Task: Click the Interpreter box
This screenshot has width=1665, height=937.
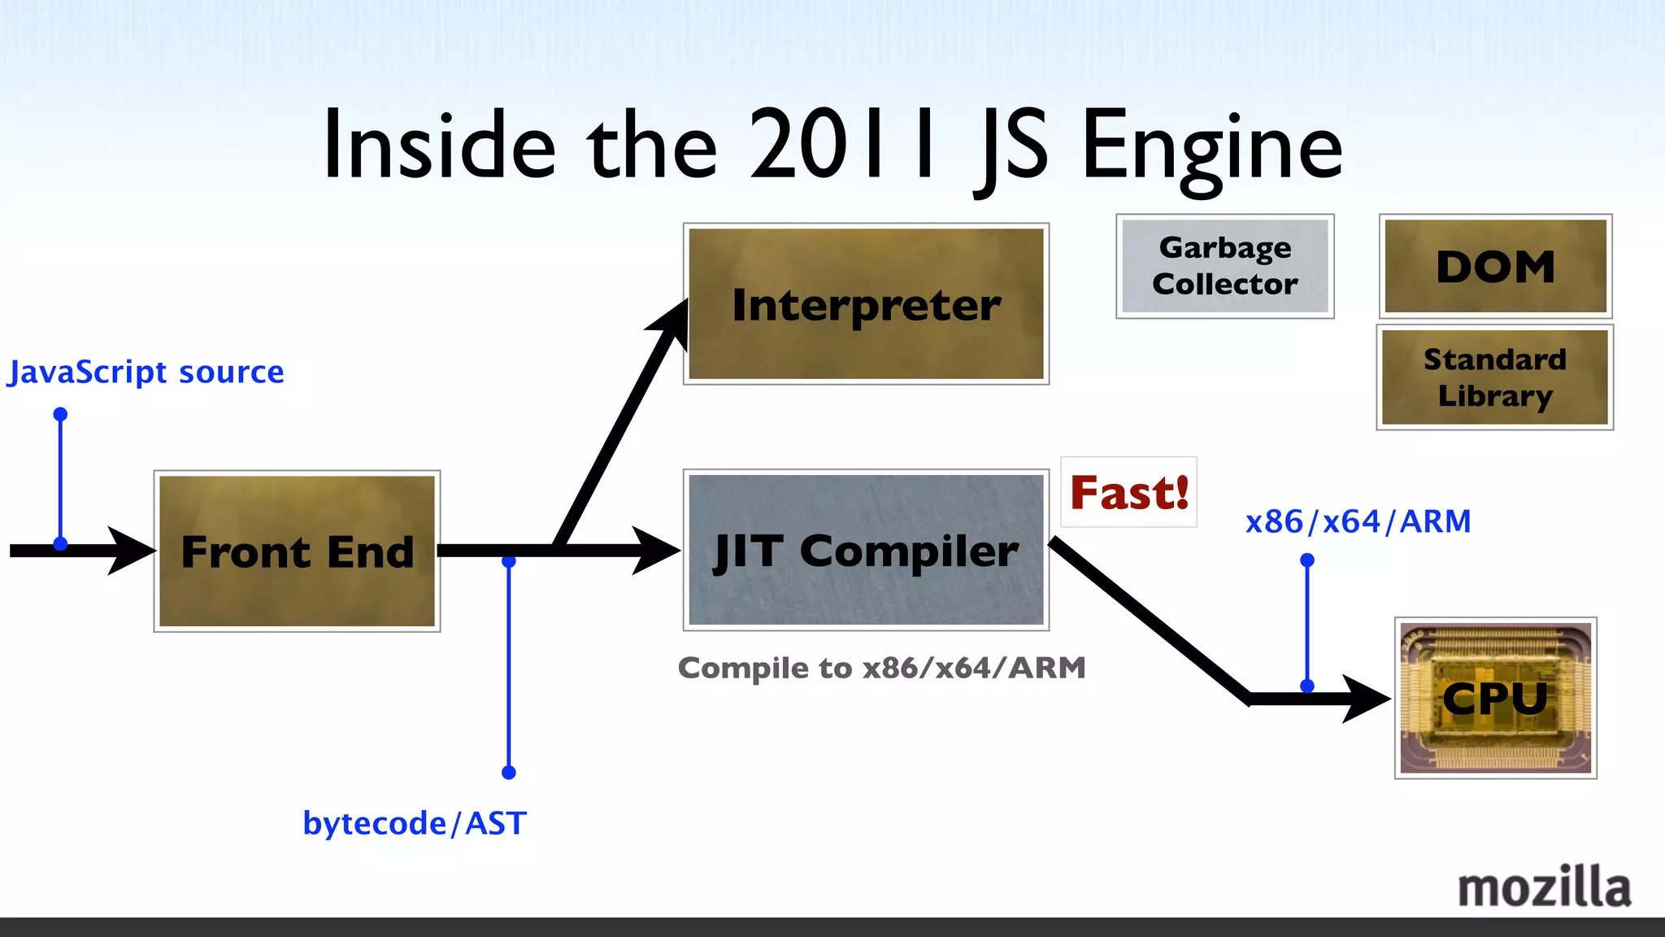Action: [866, 303]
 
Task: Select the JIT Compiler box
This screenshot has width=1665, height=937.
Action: [866, 550]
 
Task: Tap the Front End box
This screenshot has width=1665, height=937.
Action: [297, 551]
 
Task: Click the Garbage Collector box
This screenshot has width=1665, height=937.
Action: [1224, 266]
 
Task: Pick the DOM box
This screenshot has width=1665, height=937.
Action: [1495, 266]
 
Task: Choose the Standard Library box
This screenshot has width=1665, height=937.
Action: [1494, 377]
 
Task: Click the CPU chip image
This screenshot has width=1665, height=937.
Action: [1495, 698]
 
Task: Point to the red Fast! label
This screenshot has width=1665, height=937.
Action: [1128, 492]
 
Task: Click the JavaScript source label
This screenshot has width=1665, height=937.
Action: [146, 372]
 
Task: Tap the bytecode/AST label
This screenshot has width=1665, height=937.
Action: [415, 823]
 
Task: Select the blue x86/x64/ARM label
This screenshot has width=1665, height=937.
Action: [1358, 521]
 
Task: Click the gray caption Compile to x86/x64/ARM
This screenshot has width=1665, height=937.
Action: [881, 668]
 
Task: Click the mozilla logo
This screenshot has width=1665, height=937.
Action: [1544, 887]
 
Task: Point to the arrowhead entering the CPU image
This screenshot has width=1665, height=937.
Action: [1367, 699]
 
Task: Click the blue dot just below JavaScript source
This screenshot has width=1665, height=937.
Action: [60, 414]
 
